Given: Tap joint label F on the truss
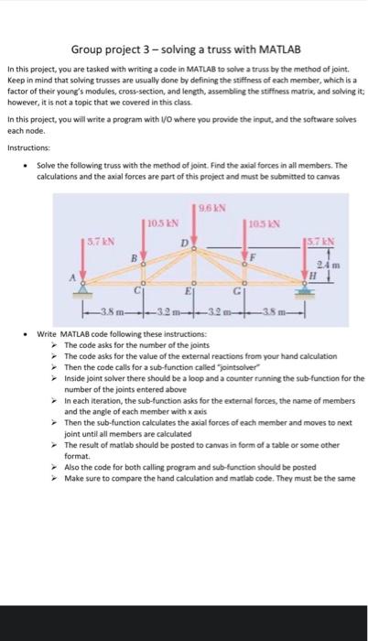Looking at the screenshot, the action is pos(254,258).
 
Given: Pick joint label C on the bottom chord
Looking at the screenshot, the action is pos(136,291).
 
